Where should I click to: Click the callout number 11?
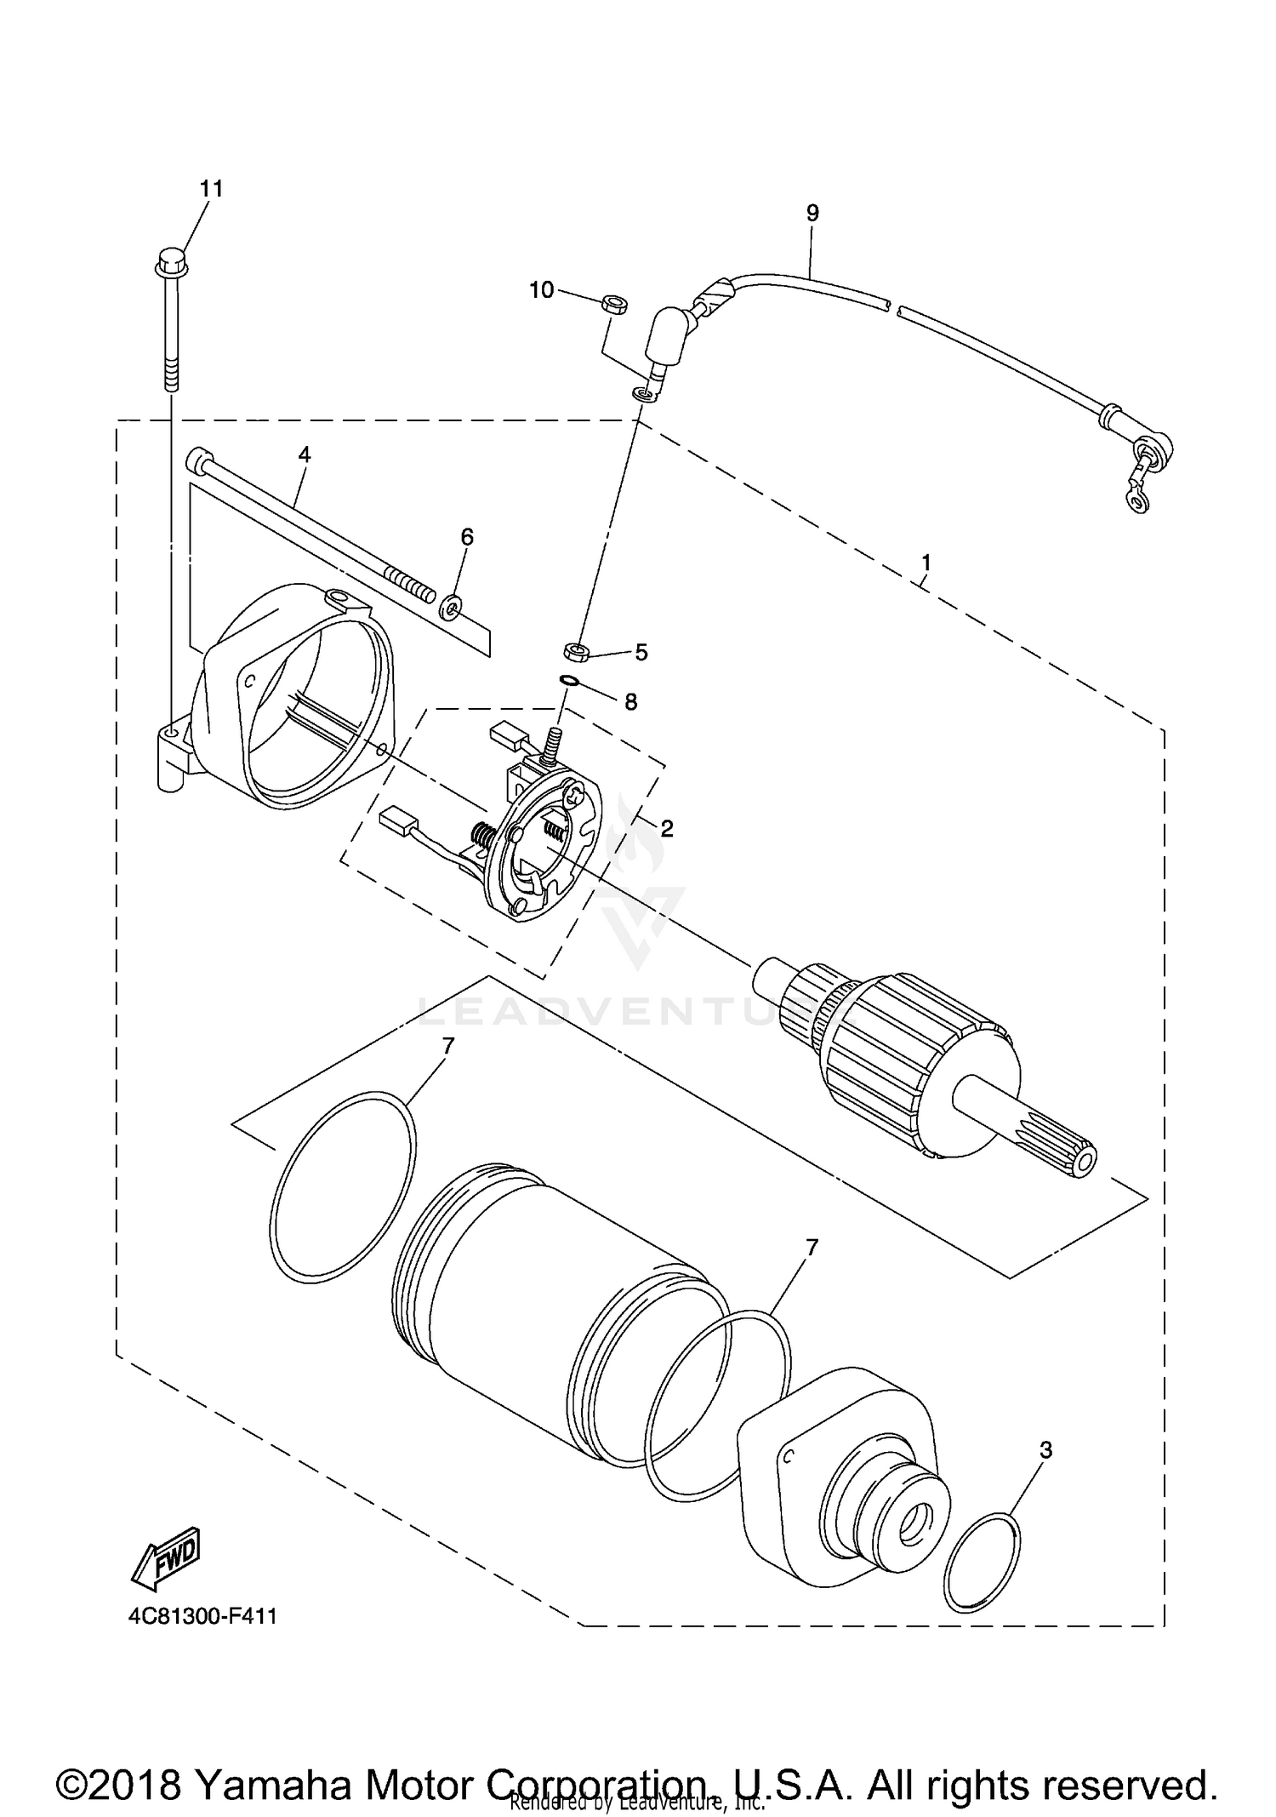[212, 188]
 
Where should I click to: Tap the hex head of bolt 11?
[170, 260]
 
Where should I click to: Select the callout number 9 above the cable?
[812, 213]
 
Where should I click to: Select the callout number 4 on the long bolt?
[304, 454]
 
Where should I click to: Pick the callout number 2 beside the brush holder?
[666, 827]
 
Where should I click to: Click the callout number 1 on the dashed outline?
[926, 563]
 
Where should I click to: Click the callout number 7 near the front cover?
[812, 1248]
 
